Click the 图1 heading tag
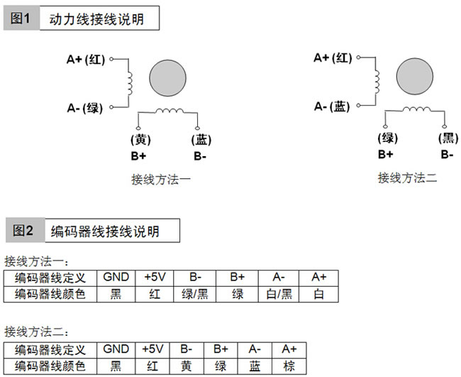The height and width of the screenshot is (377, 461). (21, 18)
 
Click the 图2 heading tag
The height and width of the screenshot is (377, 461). (26, 231)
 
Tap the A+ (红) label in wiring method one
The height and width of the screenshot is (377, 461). (86, 60)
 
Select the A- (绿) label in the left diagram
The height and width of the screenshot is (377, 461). (84, 108)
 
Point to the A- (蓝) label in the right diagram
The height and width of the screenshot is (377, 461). (332, 106)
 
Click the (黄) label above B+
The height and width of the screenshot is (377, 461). (140, 139)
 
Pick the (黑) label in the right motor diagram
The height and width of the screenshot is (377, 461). (448, 138)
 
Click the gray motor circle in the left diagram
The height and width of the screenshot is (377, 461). (167, 78)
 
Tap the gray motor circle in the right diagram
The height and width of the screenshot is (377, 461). (415, 76)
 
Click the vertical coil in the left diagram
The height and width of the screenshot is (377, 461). (130, 83)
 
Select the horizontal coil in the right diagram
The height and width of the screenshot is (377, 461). (416, 109)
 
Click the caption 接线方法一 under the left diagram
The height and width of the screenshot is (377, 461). (161, 180)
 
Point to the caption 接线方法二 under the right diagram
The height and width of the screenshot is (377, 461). (408, 177)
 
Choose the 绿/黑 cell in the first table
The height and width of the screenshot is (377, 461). (194, 294)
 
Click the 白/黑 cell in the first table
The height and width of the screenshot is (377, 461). (279, 294)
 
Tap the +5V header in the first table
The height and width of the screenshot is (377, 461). (155, 278)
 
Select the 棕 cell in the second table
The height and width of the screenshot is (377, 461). (289, 366)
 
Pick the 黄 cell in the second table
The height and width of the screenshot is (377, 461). (187, 366)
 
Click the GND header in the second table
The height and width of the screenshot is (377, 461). (116, 349)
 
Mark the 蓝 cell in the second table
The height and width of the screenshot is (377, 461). (255, 366)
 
